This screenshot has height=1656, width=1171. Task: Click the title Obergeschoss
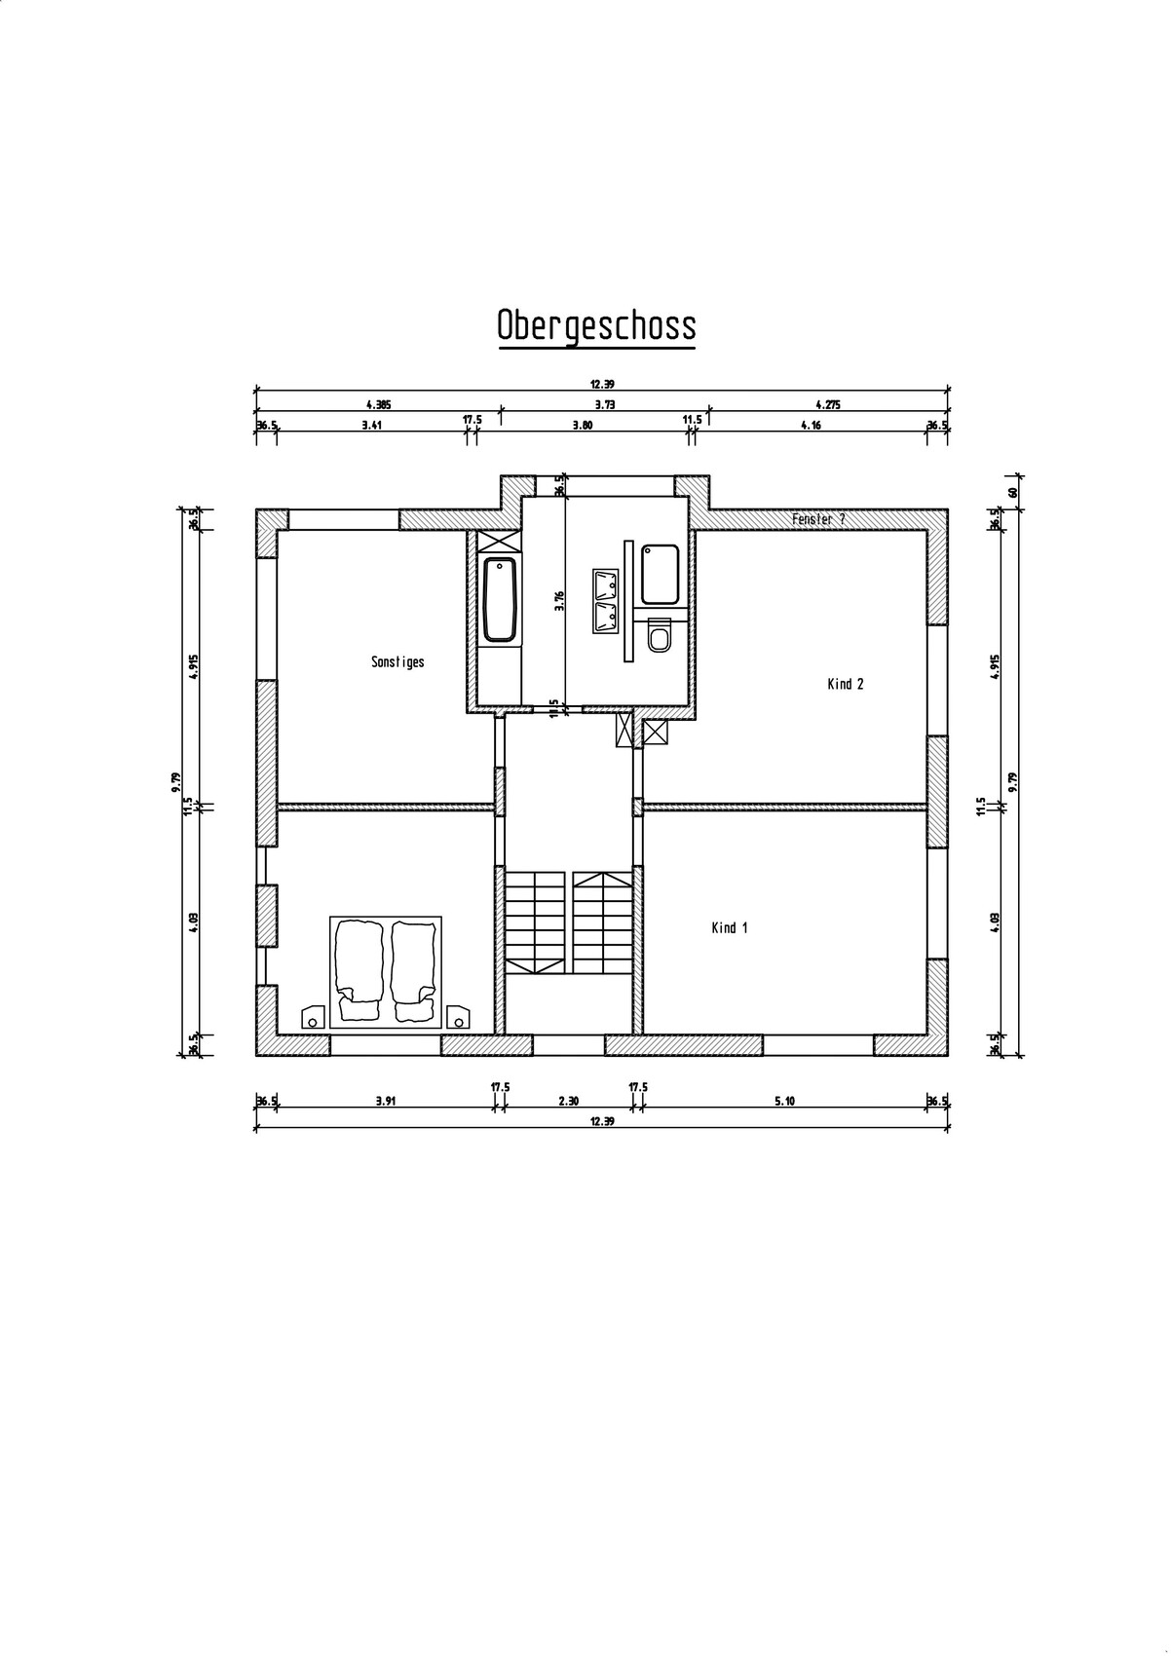596,325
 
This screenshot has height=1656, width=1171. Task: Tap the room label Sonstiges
397,661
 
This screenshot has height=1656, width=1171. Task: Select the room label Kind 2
845,684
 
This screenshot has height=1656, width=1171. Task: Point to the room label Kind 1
730,927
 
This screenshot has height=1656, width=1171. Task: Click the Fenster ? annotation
818,519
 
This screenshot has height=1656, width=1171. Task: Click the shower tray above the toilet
661,575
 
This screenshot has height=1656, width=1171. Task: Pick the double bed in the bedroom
385,972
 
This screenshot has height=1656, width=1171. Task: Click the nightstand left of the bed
313,1017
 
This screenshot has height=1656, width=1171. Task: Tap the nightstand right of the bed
458,1017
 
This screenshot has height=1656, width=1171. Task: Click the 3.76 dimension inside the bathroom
559,600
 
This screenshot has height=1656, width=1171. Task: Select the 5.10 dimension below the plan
784,1101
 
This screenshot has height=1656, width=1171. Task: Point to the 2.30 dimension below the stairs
569,1101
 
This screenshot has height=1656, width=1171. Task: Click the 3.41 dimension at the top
372,425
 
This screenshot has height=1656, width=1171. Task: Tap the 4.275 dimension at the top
828,404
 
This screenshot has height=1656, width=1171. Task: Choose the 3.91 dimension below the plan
386,1101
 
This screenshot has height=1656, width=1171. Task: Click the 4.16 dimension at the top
811,425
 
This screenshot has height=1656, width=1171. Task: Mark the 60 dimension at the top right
1012,492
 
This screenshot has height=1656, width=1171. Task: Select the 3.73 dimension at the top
605,404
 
